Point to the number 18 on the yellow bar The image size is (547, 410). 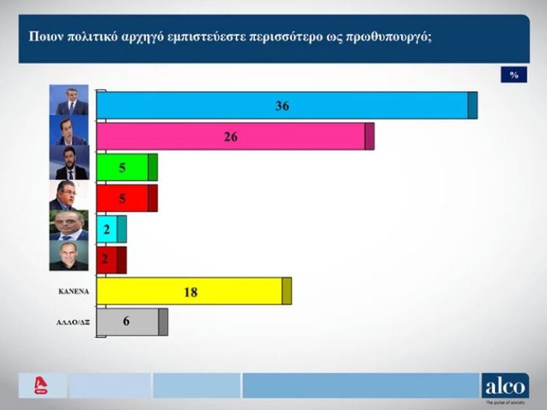point(190,292)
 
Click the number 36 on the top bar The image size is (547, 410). point(282,106)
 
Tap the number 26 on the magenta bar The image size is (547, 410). point(230,137)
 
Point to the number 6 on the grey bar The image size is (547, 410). point(127,321)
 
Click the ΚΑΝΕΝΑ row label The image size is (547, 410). point(74,292)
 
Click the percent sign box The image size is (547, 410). point(513,74)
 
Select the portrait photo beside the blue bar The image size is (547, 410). point(70,100)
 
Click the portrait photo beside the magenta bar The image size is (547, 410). point(70,131)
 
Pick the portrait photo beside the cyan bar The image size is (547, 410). point(69,225)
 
